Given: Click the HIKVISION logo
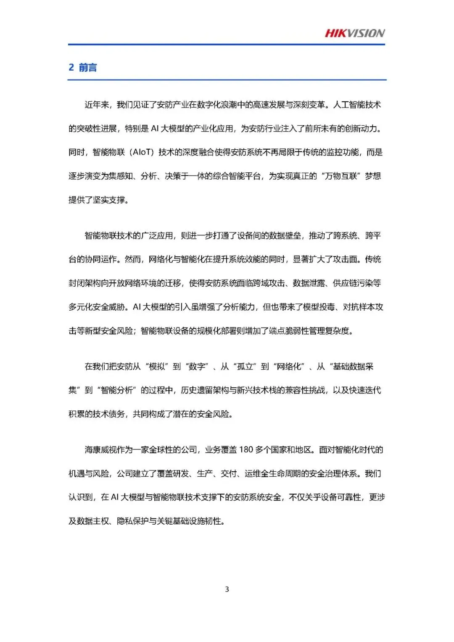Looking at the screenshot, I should tap(355, 33).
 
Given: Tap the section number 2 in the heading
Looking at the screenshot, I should tap(71, 67).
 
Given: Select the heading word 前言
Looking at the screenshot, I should tap(88, 67).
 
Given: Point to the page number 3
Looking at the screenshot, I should tap(227, 589).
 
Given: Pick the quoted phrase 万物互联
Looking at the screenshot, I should tap(341, 176).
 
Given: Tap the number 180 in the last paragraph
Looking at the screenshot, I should tap(246, 450).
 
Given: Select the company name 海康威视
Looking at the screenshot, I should tap(100, 450).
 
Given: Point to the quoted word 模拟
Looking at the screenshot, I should tap(157, 367).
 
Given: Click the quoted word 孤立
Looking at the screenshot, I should tap(245, 367).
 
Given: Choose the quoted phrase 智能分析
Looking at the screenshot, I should tap(116, 391).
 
